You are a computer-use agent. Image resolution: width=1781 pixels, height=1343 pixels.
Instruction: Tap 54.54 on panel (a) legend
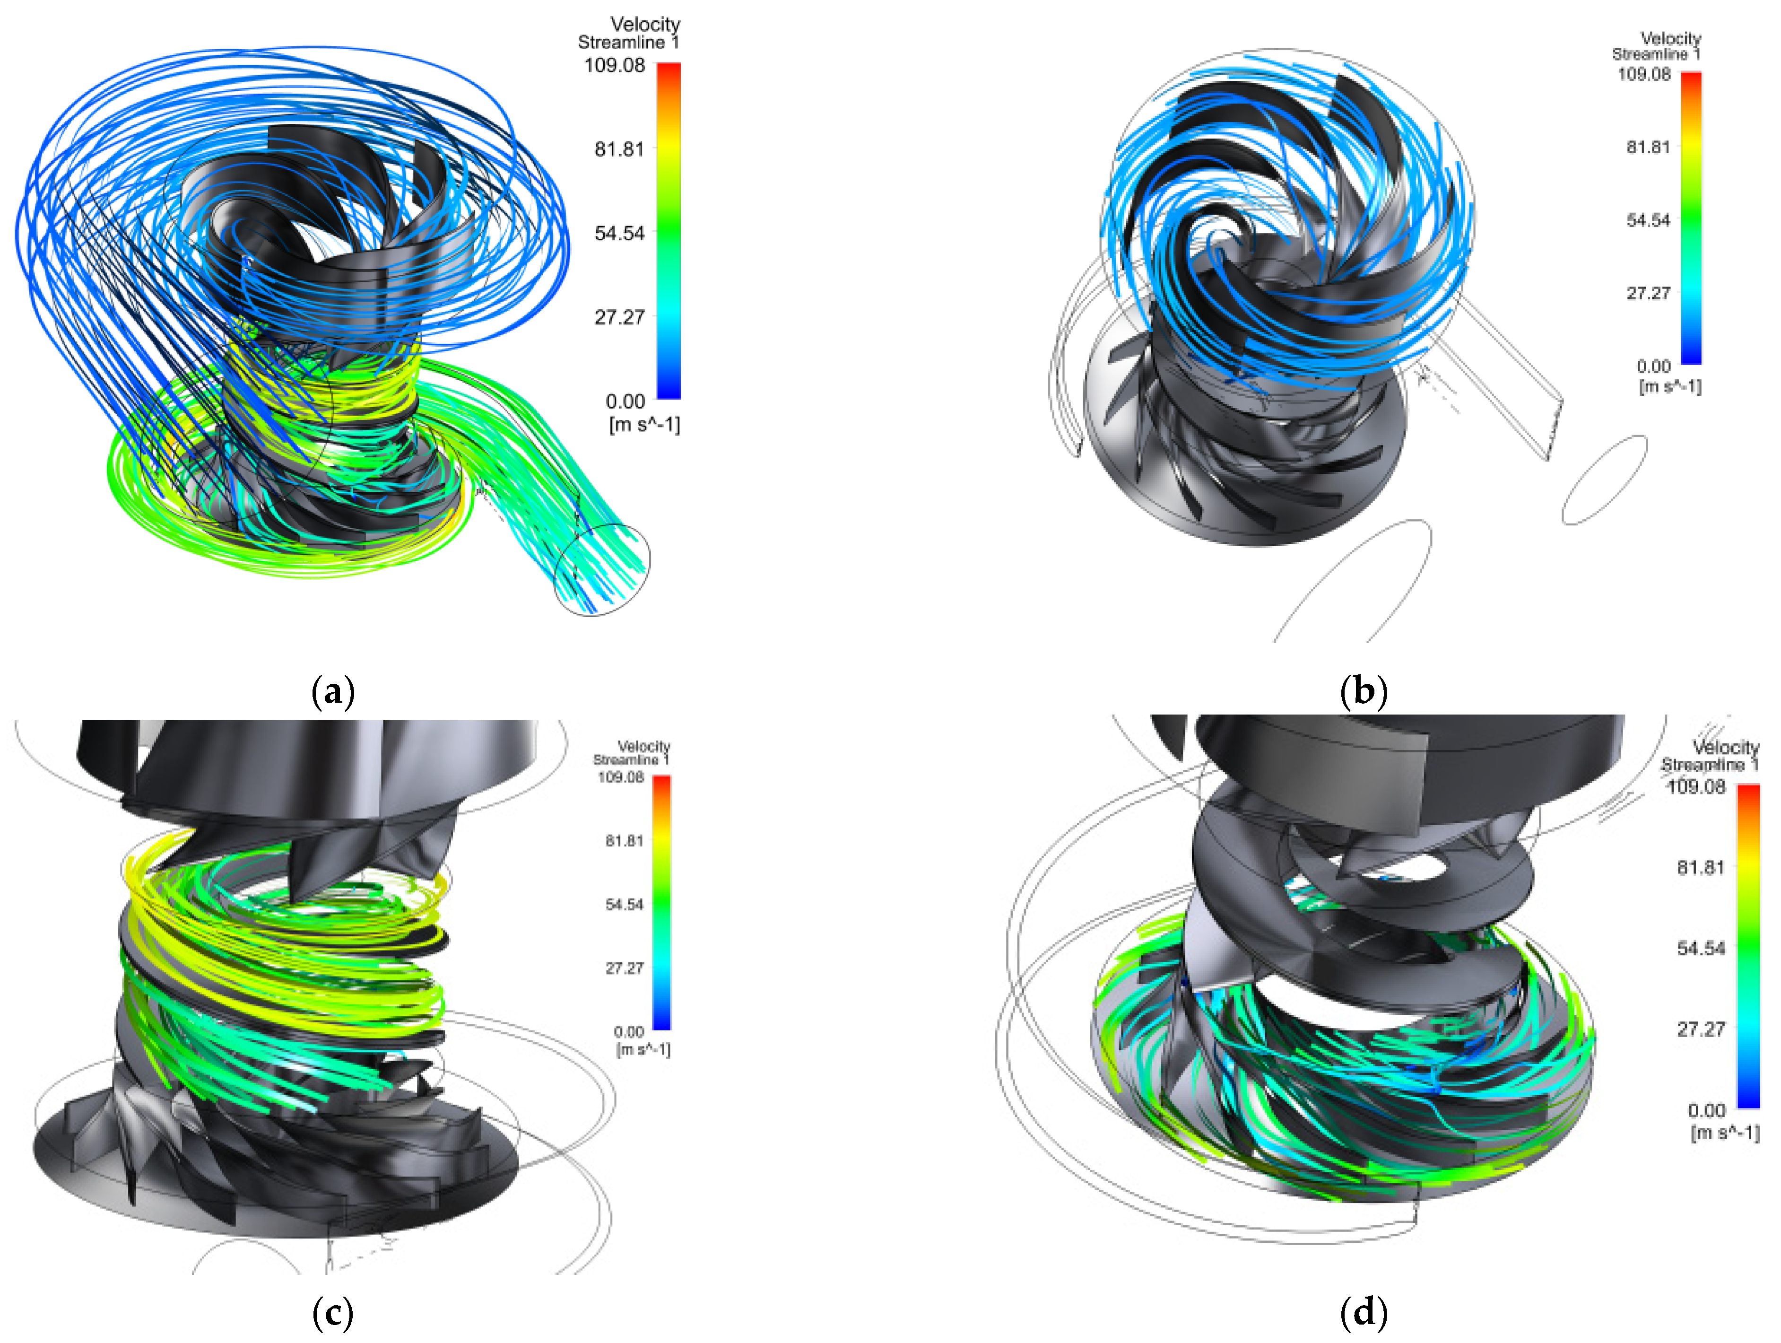tap(619, 234)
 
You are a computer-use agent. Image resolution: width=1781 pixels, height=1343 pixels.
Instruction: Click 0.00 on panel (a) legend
tap(626, 401)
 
